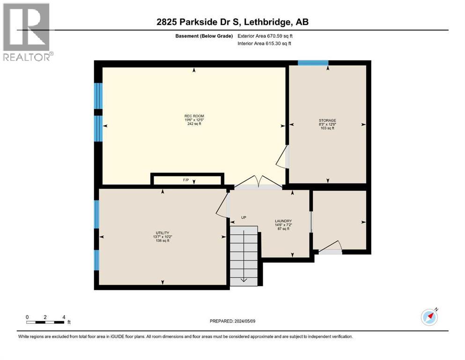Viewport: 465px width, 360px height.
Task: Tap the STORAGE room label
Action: point(327,120)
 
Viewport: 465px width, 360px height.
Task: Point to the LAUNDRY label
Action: point(284,221)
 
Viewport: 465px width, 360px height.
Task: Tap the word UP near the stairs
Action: point(244,217)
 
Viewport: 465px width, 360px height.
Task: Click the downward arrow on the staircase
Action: point(244,280)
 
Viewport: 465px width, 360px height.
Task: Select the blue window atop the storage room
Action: point(313,63)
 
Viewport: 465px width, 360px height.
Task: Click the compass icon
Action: point(429,317)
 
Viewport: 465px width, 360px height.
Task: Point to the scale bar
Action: point(45,322)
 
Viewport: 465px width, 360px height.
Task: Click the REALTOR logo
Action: point(27,32)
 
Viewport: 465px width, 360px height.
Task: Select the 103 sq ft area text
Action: point(327,128)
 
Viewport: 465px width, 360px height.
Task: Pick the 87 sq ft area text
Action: point(284,229)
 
